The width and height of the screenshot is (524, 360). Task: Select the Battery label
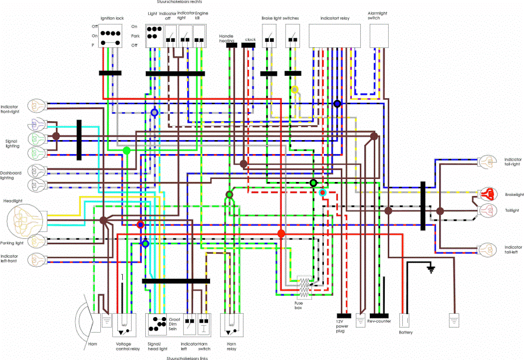405,333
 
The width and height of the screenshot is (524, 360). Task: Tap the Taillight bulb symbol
487,210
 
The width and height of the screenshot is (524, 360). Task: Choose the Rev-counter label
379,322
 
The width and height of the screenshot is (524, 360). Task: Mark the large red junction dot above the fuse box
281,233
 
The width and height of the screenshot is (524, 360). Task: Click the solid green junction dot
126,150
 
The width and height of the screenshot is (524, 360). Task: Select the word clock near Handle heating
250,39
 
